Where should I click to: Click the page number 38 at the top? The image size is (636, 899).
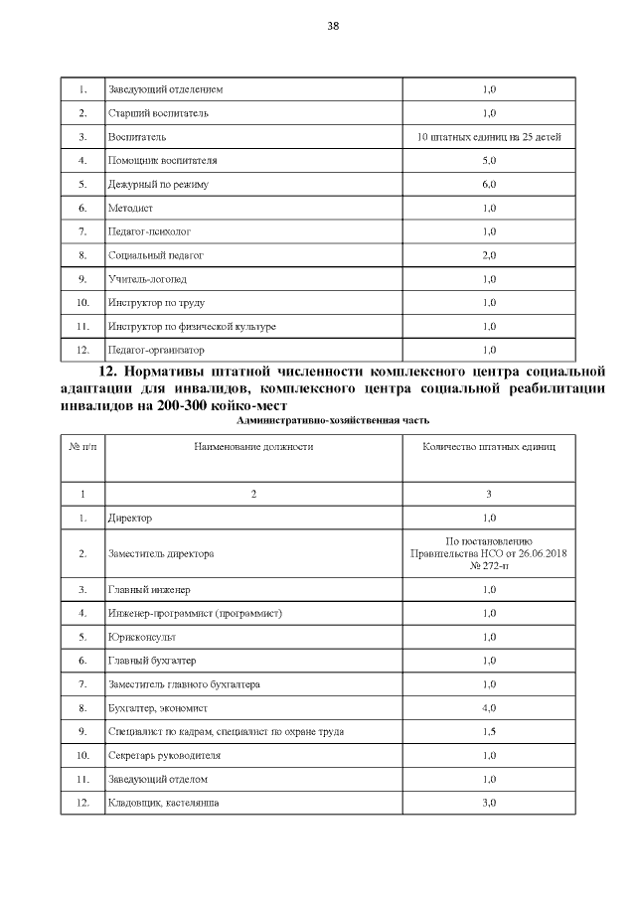(x=333, y=27)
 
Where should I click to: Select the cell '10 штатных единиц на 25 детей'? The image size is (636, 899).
(x=489, y=137)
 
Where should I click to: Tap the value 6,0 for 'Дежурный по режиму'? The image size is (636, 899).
(x=489, y=185)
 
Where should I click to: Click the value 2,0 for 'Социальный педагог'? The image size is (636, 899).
(x=489, y=255)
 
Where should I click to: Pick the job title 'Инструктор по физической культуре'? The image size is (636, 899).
(x=191, y=327)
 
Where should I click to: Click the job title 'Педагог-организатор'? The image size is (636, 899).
(x=156, y=351)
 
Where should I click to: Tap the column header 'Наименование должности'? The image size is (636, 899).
(x=253, y=447)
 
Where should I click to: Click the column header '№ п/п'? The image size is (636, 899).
(x=83, y=447)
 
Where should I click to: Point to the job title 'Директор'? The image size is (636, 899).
(x=129, y=518)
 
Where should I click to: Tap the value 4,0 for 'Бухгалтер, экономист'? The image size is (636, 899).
(x=489, y=708)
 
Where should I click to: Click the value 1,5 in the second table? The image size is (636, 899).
(x=489, y=732)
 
